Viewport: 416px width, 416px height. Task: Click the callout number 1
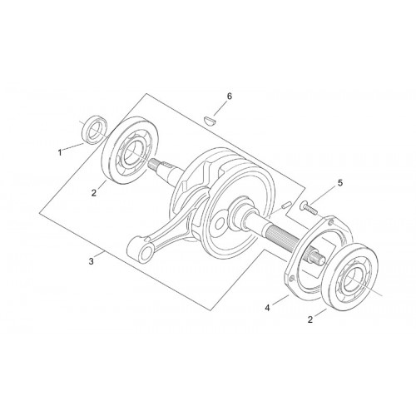click(60, 152)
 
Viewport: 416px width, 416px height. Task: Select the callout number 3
click(92, 261)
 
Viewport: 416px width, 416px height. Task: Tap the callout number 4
click(267, 308)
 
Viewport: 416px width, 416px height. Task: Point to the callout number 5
click(340, 183)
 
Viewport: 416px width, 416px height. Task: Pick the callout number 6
click(229, 97)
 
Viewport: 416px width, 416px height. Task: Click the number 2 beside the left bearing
click(94, 193)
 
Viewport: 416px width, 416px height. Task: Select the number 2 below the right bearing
click(310, 319)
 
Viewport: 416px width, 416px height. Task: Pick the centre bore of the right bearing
click(353, 280)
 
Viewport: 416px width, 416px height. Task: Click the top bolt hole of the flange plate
click(331, 221)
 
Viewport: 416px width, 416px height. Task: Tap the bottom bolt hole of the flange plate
click(290, 278)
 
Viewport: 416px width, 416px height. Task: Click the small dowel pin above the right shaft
click(285, 206)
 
